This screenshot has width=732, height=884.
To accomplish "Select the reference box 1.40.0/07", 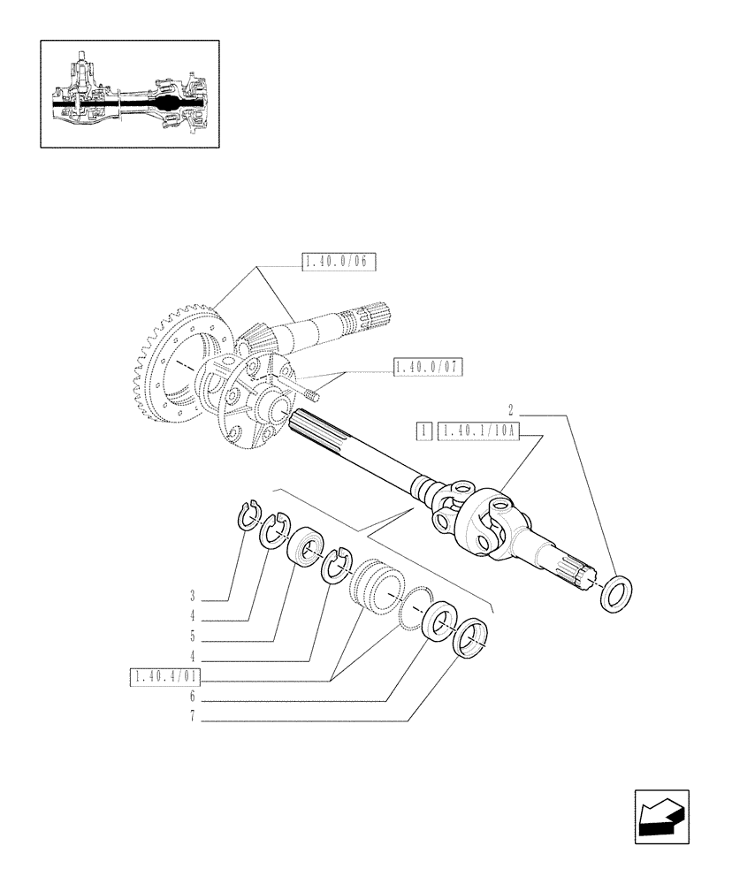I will click(x=428, y=366).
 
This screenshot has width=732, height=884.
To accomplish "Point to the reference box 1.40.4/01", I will click(x=165, y=678).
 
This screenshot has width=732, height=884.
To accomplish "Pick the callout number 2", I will click(x=511, y=409).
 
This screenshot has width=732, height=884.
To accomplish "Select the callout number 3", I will click(x=191, y=593).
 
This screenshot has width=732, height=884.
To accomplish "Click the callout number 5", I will click(x=191, y=636).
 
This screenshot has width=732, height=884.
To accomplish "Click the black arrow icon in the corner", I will click(x=660, y=816).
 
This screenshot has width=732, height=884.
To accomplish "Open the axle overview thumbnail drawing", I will click(x=129, y=94).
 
